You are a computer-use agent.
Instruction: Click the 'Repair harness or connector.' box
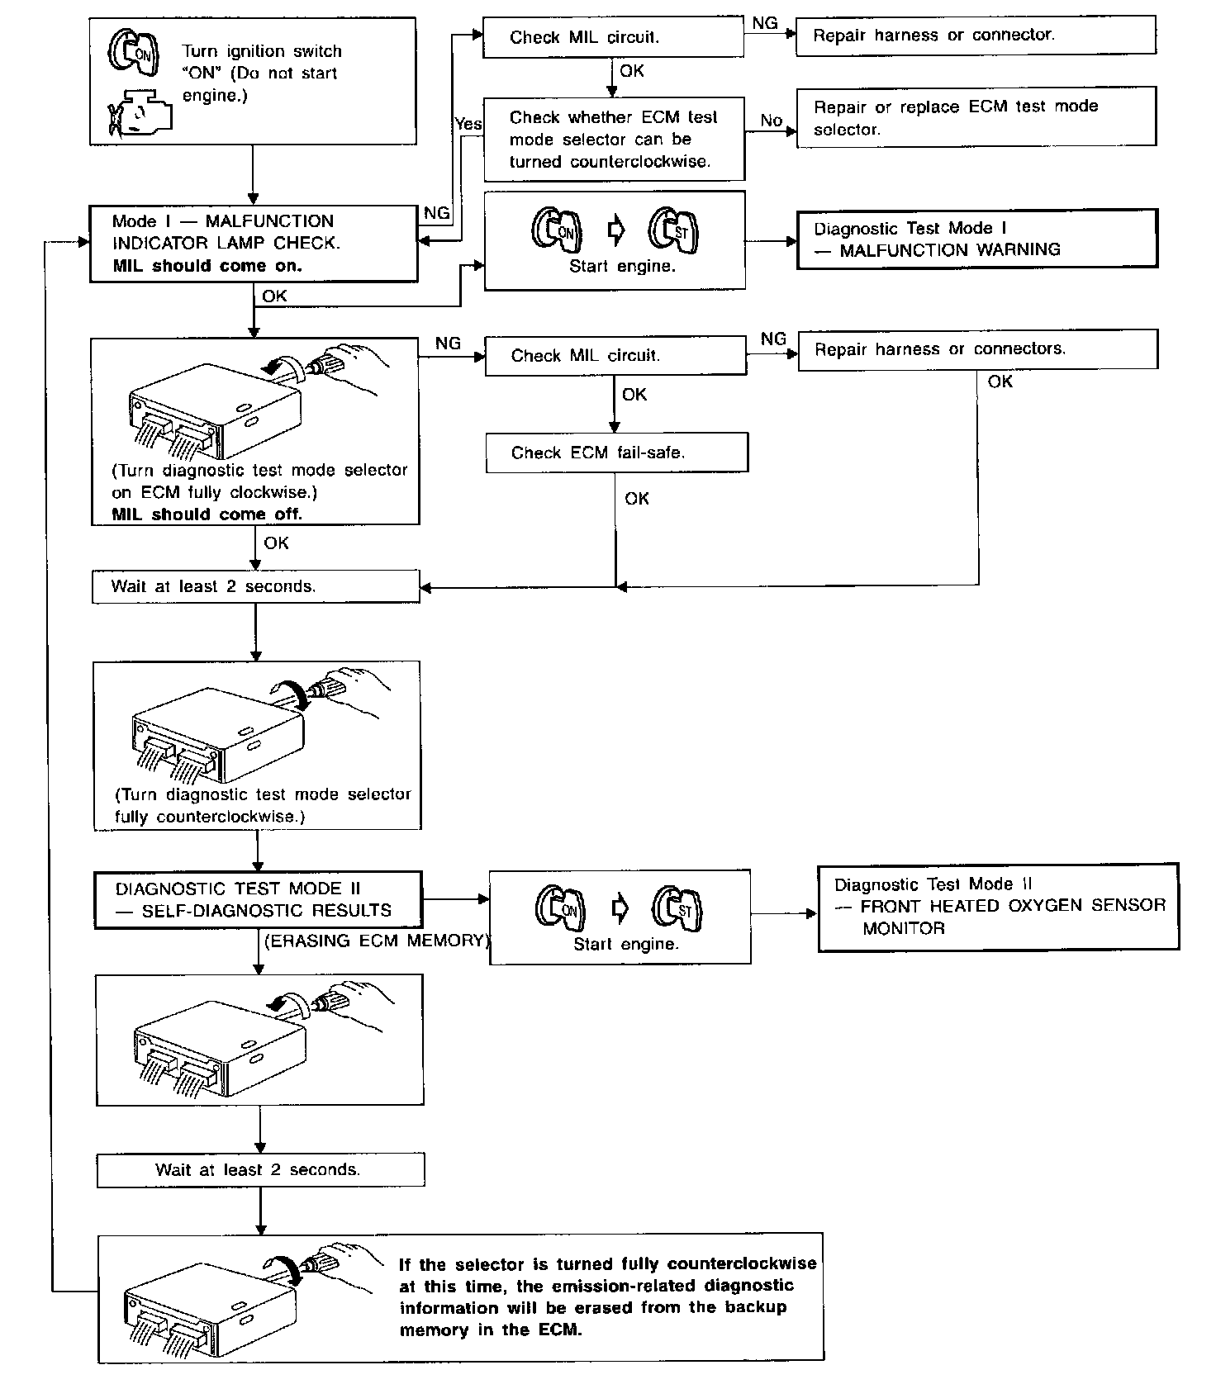point(975,36)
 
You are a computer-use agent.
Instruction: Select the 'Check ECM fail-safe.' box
point(616,453)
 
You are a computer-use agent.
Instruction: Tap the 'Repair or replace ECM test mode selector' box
point(975,117)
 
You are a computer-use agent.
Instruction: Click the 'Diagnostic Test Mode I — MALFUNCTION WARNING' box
point(976,239)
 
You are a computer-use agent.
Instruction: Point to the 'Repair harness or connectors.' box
point(977,349)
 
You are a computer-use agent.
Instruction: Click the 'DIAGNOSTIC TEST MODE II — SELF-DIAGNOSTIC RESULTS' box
point(257,899)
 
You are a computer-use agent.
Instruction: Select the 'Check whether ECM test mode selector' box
point(613,140)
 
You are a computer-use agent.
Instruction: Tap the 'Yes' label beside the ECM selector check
point(468,124)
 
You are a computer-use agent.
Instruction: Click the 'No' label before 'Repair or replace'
point(771,121)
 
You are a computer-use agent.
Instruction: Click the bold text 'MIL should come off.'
point(207,514)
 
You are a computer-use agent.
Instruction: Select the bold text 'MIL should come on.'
point(207,266)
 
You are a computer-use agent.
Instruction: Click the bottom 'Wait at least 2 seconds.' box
point(260,1170)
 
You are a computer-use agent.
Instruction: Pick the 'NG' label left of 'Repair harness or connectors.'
point(773,339)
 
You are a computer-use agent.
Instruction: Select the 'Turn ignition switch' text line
point(262,51)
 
